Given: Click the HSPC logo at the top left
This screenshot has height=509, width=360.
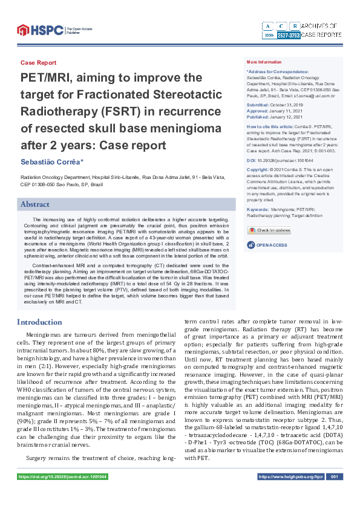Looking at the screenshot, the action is point(39,29).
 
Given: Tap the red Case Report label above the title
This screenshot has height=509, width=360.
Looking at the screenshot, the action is point(38,63).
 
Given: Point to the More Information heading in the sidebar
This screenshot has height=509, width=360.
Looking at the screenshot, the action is point(264,62).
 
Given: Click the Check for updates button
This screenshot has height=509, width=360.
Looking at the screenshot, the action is point(269,230).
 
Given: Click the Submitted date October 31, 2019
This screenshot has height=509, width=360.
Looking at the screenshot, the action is point(284,105).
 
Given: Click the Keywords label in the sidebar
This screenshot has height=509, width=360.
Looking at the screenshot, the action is point(258,209).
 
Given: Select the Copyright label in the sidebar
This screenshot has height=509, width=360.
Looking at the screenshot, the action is point(258,170).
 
